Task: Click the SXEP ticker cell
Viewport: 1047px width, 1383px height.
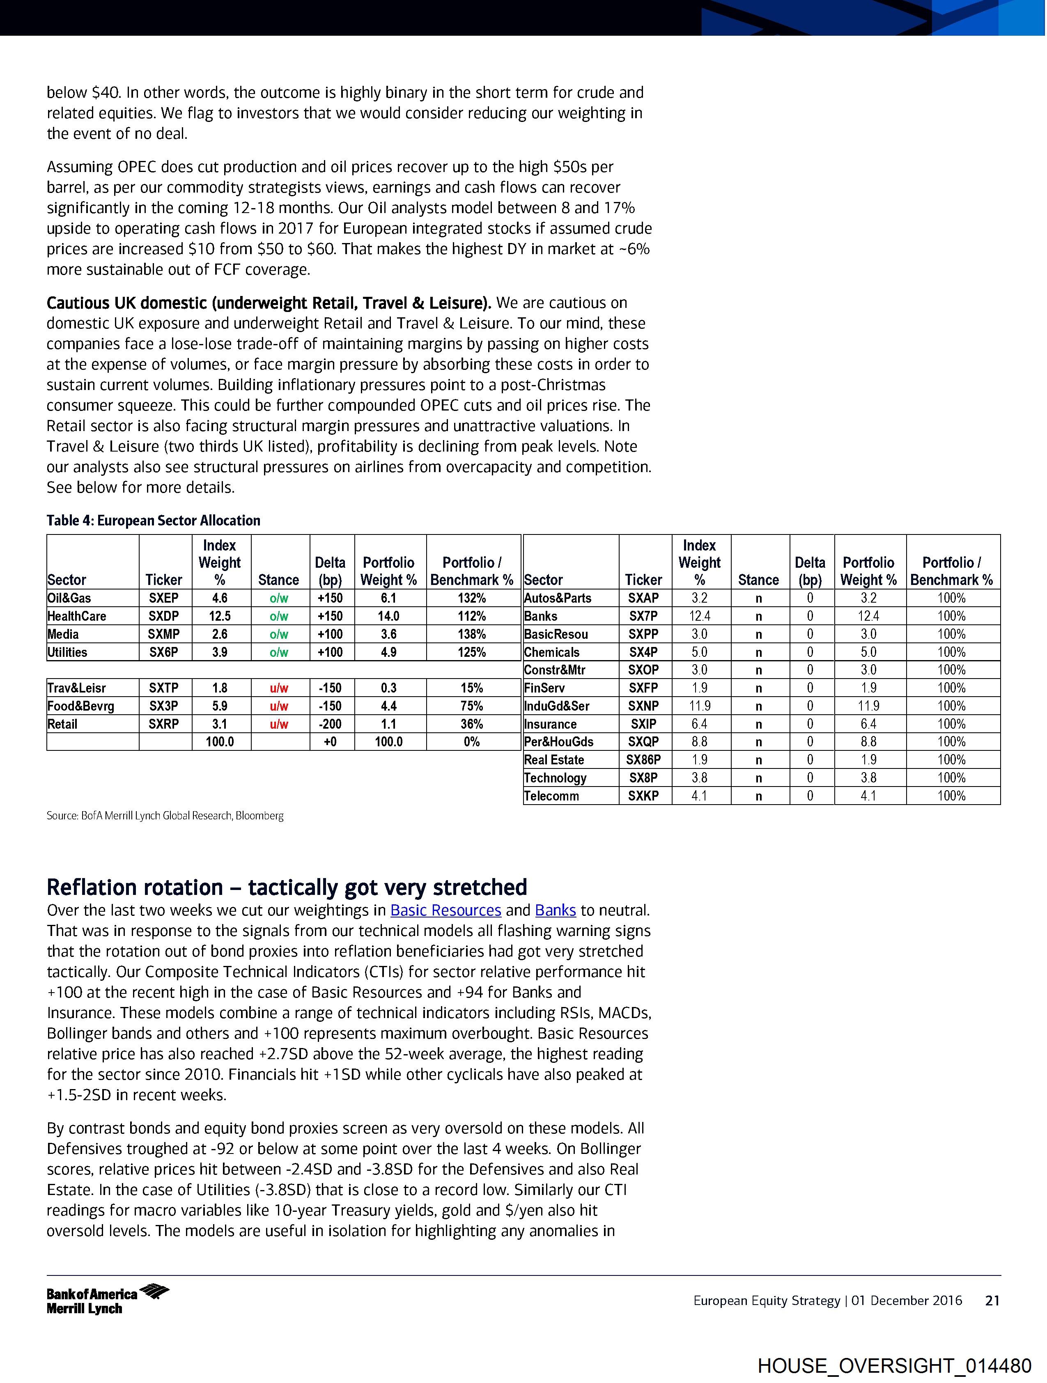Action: (163, 598)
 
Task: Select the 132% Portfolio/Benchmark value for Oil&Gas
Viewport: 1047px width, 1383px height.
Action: (472, 598)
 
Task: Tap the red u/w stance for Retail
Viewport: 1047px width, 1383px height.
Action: (279, 724)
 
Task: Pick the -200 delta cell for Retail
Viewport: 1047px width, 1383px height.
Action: (330, 724)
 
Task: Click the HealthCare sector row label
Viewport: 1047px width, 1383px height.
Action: (77, 616)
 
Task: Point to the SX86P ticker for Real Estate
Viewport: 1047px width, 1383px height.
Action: (643, 760)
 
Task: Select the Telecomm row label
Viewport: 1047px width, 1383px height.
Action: (552, 796)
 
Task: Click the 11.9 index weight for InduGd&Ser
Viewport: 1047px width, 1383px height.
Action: (699, 706)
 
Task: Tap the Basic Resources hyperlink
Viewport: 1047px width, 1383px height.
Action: (446, 911)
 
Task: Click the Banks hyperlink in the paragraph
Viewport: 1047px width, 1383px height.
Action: (556, 911)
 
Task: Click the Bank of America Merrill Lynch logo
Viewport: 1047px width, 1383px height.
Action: (108, 1300)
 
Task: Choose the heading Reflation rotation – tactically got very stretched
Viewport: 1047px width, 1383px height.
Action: (287, 887)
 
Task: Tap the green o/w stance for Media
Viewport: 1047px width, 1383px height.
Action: (279, 634)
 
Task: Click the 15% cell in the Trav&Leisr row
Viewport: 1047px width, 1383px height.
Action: (472, 688)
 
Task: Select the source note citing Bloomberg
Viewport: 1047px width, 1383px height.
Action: (165, 816)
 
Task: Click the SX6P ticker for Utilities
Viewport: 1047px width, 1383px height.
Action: (163, 652)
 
